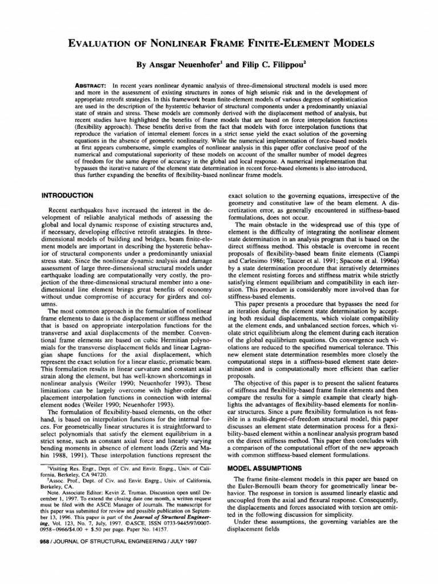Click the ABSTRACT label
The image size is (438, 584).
pos(92,85)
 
